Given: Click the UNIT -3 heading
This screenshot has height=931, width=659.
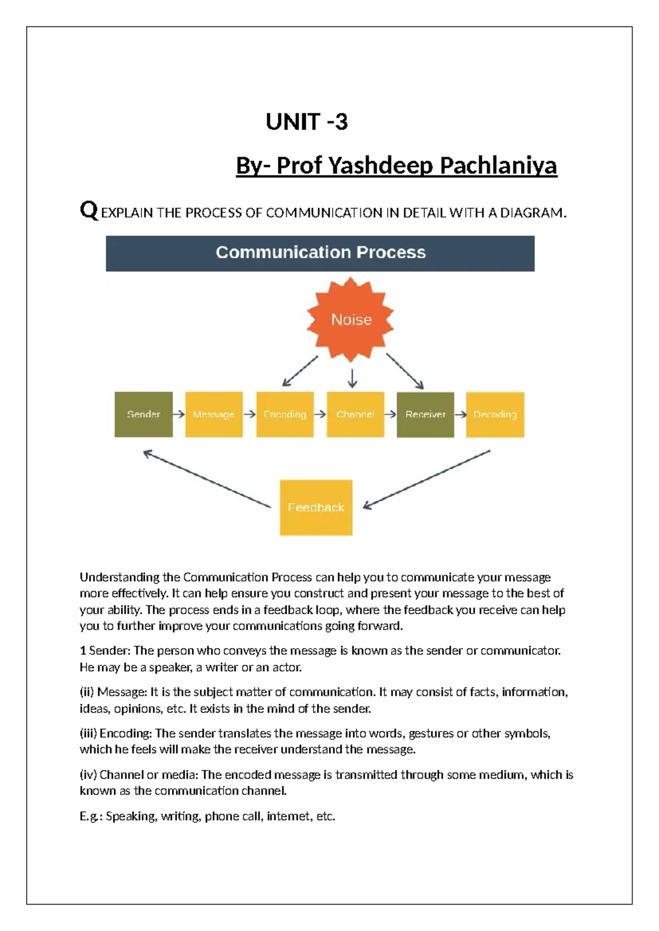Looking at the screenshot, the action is click(x=306, y=122).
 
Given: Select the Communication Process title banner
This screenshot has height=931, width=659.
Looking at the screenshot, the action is click(x=320, y=253).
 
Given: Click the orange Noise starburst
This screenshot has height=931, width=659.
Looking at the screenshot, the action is click(x=351, y=319).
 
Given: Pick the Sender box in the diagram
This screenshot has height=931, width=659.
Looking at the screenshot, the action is click(x=143, y=414).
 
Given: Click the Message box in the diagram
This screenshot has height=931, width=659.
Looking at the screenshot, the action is click(x=214, y=414).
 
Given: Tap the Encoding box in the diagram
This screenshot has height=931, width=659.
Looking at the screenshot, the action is click(x=284, y=414).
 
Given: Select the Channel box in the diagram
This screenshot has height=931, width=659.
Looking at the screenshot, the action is click(x=355, y=414).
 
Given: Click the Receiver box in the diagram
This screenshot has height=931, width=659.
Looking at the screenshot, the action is click(x=425, y=414).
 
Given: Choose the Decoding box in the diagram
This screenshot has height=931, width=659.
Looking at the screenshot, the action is click(x=495, y=414).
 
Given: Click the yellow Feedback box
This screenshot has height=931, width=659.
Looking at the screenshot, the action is click(x=316, y=507).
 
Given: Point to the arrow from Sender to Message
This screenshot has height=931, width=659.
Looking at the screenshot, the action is click(x=179, y=414).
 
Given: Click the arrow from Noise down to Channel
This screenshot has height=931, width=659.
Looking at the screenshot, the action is click(x=352, y=378).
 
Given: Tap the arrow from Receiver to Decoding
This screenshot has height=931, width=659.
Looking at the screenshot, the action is click(x=460, y=414).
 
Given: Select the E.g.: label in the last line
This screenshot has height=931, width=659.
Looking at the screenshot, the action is click(x=91, y=816).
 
